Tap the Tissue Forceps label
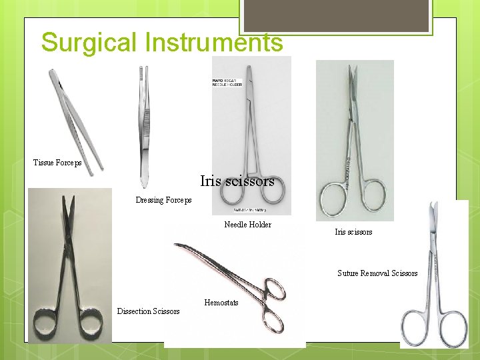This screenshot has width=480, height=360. (x=57, y=163)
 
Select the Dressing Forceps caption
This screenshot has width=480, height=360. (x=163, y=200)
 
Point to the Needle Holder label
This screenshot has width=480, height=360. (x=247, y=225)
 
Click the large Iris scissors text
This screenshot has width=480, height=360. (x=237, y=181)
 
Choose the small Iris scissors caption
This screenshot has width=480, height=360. (x=353, y=232)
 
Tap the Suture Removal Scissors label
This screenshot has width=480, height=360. (x=377, y=273)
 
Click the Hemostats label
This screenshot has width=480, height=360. (x=221, y=303)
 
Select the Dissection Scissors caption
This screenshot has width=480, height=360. (x=148, y=311)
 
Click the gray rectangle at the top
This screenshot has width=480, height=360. (x=336, y=15)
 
